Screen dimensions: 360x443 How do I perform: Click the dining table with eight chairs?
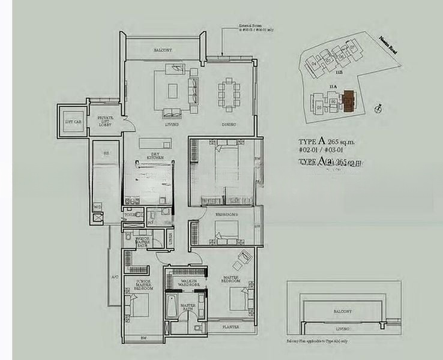(229, 94)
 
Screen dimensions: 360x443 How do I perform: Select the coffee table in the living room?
(173, 91)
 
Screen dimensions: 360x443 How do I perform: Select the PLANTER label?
(231, 327)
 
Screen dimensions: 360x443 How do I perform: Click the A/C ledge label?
(114, 277)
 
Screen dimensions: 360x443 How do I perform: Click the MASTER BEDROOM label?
(231, 278)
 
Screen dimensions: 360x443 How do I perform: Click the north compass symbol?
(377, 108)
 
